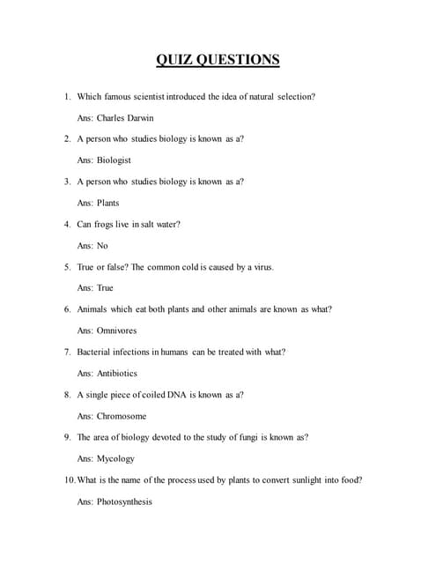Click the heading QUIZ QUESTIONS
218,60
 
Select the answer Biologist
114,160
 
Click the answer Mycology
115,459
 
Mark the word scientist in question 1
157,96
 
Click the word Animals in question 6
94,309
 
